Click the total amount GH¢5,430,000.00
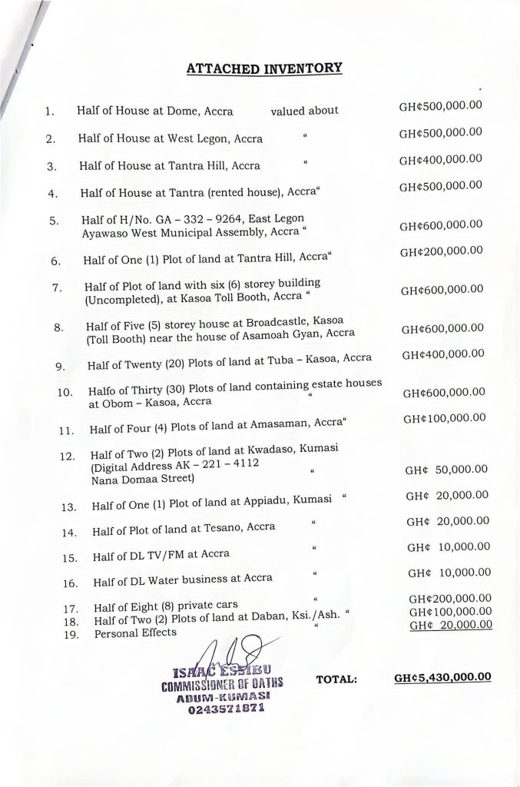(x=442, y=678)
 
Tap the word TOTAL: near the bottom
(x=336, y=679)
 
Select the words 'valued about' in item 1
(x=304, y=111)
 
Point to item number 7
(x=56, y=287)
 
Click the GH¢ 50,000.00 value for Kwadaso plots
(x=444, y=470)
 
